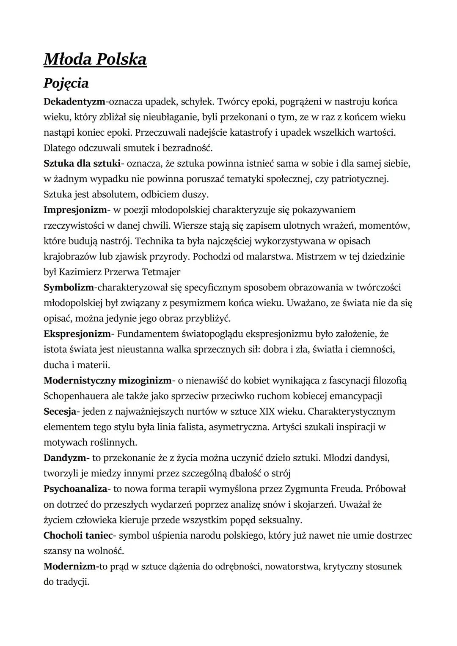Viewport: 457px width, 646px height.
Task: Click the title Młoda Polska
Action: click(x=95, y=60)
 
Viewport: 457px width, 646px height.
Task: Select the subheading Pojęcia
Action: click(x=66, y=83)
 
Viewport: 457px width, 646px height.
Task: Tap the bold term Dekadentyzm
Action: click(x=74, y=102)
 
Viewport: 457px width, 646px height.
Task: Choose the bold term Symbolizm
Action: click(x=69, y=287)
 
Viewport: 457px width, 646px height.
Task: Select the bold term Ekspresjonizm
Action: click(x=77, y=334)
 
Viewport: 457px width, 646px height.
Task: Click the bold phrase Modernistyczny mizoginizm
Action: click(x=107, y=380)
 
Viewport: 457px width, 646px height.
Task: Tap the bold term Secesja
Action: click(x=60, y=411)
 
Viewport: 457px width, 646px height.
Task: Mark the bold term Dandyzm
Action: click(x=66, y=458)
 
